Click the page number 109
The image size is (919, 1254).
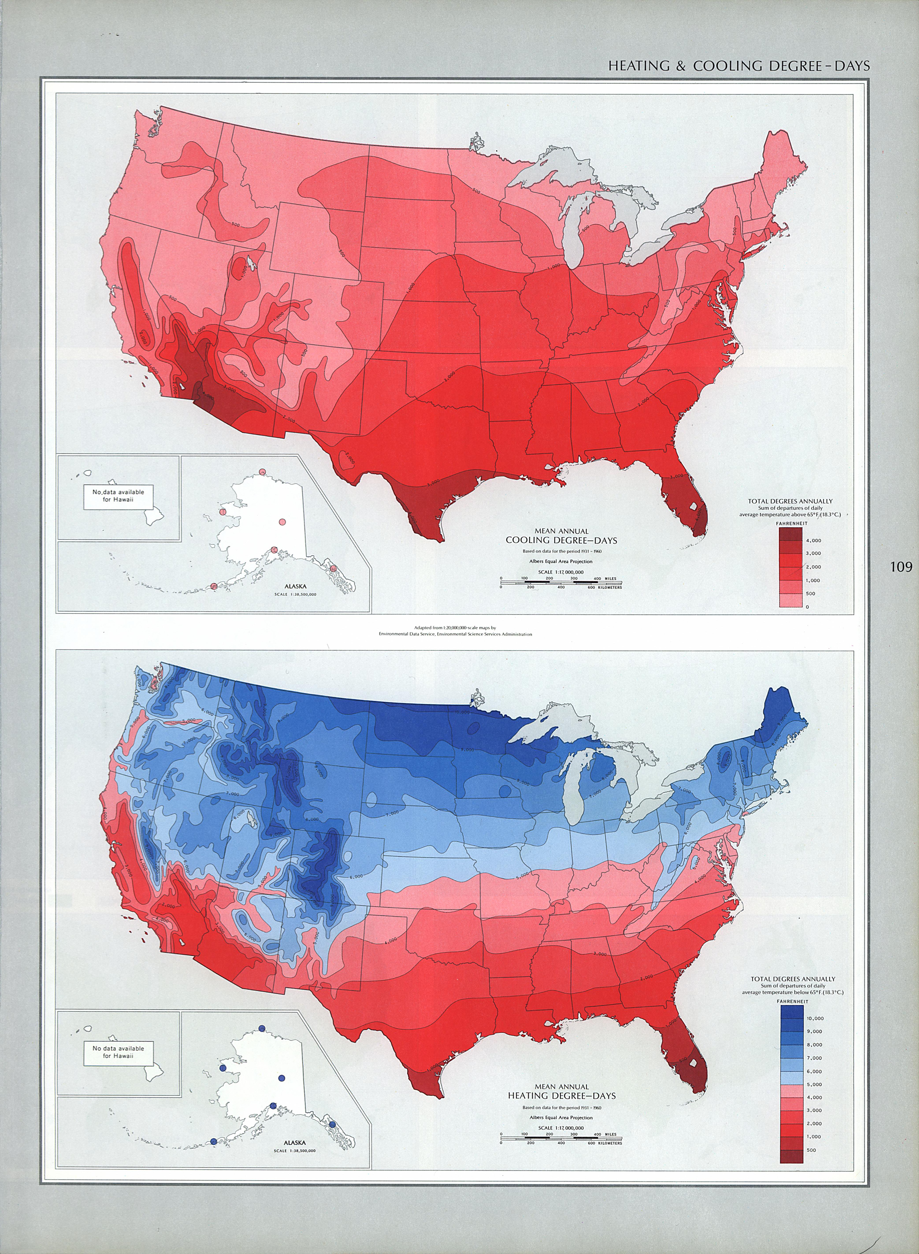coord(901,567)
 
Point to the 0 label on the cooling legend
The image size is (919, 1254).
coord(808,607)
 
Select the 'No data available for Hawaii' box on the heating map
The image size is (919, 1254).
coord(118,1051)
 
